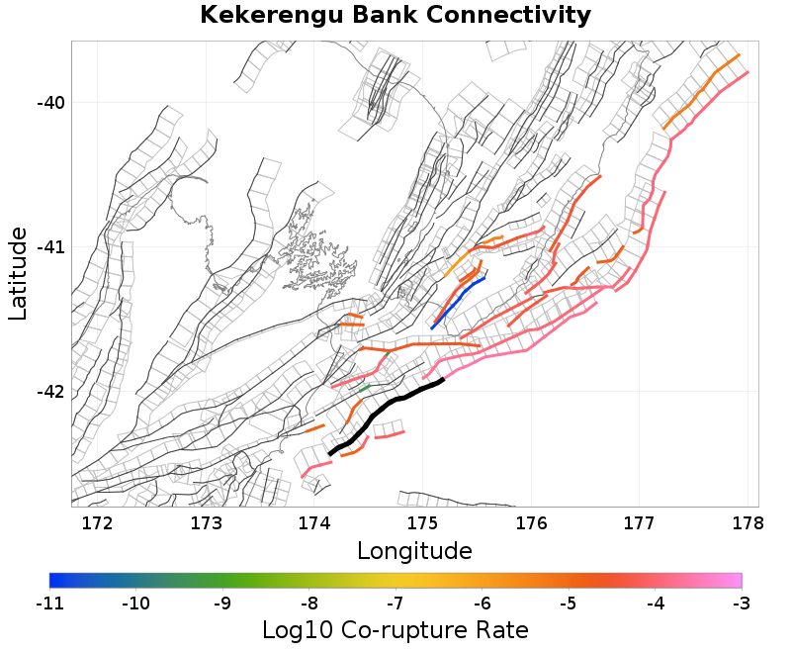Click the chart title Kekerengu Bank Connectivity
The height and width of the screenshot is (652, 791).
(x=395, y=16)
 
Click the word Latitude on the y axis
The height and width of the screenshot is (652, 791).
(x=18, y=272)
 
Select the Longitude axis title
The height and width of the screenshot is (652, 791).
(x=414, y=550)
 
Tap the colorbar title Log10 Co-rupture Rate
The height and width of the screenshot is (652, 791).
(x=395, y=629)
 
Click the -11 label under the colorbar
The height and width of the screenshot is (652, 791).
(x=49, y=603)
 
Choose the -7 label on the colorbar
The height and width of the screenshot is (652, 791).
(x=395, y=603)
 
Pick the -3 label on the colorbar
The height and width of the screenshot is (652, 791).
(x=741, y=603)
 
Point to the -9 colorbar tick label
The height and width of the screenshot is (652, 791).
(x=222, y=603)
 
